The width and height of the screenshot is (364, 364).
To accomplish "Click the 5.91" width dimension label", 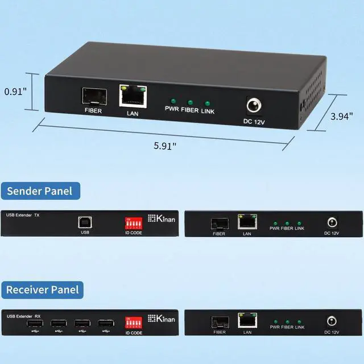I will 165,146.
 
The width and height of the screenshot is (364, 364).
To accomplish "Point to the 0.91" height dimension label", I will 15,91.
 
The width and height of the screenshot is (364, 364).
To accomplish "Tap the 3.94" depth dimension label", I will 342,116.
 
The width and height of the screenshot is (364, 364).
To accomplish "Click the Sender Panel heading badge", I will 40,191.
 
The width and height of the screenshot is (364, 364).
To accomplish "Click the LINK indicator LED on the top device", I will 208,104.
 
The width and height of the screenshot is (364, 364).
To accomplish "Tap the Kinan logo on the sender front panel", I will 160,218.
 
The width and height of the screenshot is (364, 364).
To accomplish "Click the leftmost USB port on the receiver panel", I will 34,324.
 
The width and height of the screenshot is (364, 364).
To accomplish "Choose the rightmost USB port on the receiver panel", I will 105,324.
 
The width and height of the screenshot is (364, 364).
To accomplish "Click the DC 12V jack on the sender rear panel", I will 330,222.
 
